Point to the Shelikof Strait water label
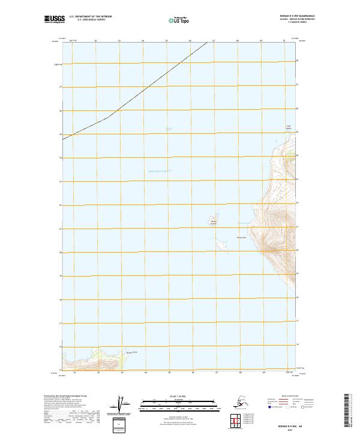pyautogui.click(x=160, y=172)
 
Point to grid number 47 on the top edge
pyautogui.click(x=214, y=41)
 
